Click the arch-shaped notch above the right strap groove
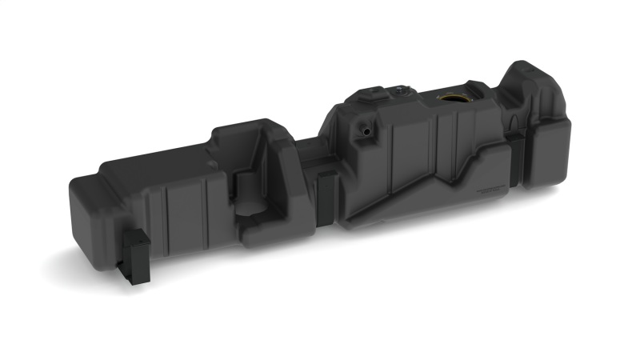[x=517, y=120]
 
